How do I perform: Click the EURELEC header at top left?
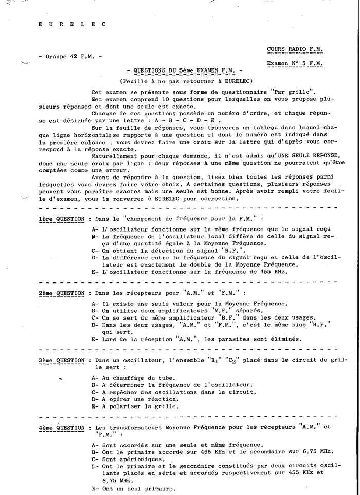click(72, 24)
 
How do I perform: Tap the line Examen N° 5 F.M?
click(295, 63)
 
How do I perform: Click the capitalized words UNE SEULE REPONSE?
click(289, 156)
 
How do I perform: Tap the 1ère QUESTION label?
click(61, 219)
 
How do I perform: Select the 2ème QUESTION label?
click(61, 293)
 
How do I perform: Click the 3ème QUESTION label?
click(61, 361)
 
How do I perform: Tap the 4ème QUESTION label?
click(61, 428)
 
